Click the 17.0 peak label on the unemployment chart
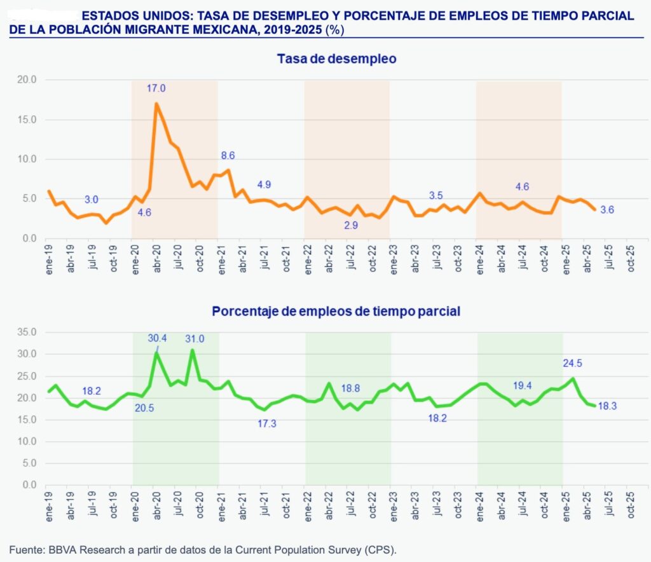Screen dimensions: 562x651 [x=156, y=88]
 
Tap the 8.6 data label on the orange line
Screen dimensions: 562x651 [x=228, y=155]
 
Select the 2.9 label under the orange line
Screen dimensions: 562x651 [x=351, y=225]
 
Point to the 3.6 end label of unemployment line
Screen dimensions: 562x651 [x=606, y=210]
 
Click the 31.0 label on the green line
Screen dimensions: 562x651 [x=194, y=338]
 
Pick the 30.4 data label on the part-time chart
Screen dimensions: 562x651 [x=157, y=338]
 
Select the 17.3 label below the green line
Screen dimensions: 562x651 [x=266, y=423]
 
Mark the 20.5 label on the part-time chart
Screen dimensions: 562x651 [x=144, y=408]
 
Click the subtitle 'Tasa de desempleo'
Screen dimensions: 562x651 [x=336, y=59]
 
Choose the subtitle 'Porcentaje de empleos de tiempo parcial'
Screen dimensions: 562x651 [x=336, y=312]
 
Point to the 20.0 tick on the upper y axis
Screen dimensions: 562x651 [x=28, y=79]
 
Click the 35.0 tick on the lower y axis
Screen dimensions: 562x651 [x=28, y=332]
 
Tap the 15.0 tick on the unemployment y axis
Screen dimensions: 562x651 [x=28, y=120]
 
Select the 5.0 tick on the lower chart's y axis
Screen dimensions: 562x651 [x=30, y=463]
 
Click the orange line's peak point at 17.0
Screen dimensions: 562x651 [x=156, y=104]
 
